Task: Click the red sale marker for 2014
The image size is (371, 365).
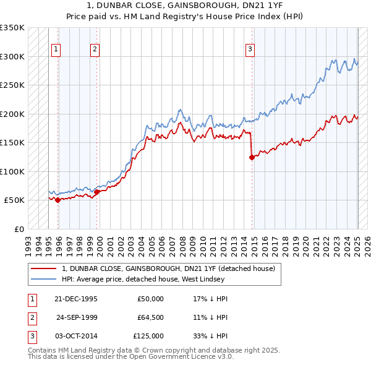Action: click(252, 157)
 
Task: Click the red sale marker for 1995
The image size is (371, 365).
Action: click(58, 200)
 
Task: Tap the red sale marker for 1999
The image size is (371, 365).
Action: click(97, 192)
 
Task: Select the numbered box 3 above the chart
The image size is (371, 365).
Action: click(250, 50)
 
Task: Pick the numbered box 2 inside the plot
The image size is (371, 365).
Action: click(94, 50)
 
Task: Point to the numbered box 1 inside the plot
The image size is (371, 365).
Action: click(56, 50)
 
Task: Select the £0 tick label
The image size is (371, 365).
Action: click(19, 229)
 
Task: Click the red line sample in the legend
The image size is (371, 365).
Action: click(43, 268)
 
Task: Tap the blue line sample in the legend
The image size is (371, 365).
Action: click(43, 279)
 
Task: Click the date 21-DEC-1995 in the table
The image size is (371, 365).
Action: click(76, 299)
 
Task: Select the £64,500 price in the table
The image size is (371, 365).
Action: click(149, 317)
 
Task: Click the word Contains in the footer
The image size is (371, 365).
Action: click(43, 350)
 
